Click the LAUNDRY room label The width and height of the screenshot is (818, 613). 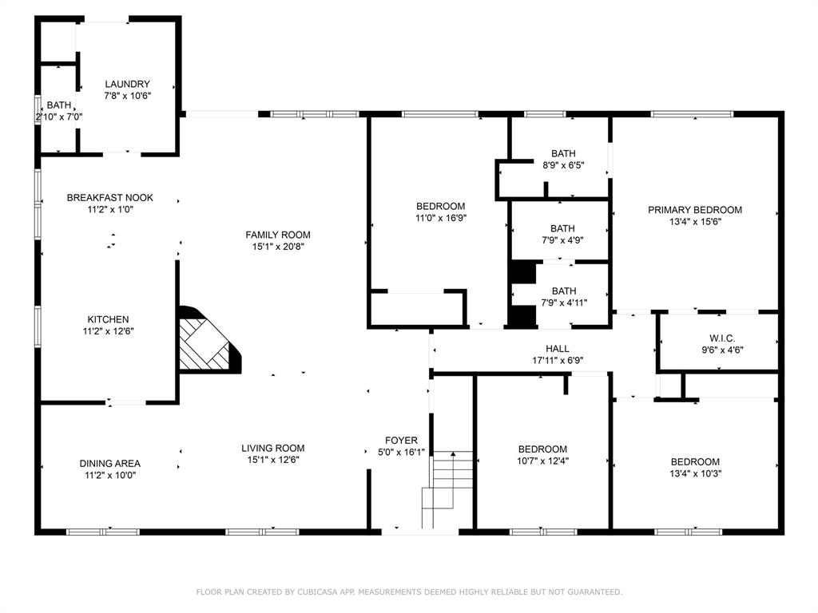coord(127,84)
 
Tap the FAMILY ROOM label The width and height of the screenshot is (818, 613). coord(278,235)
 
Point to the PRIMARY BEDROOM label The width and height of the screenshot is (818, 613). coord(695,210)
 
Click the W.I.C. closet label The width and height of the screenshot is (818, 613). coord(722,338)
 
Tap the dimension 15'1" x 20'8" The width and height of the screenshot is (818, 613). coord(278,247)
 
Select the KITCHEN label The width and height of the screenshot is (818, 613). coord(108,319)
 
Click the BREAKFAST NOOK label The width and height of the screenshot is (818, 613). coord(110,198)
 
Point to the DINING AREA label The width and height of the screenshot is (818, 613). coord(110,464)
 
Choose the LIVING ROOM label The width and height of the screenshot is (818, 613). coord(273,449)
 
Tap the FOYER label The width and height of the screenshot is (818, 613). coord(401,441)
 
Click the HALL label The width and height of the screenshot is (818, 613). coord(558,349)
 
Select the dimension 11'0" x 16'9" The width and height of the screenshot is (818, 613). coord(441,219)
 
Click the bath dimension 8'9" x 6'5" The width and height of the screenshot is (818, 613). coord(563,166)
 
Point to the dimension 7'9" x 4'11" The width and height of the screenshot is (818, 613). coord(564,303)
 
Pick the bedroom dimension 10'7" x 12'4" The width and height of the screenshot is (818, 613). coord(542,461)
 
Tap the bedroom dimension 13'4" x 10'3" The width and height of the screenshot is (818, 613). coord(696,474)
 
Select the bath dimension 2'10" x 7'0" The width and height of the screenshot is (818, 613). coord(59,117)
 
